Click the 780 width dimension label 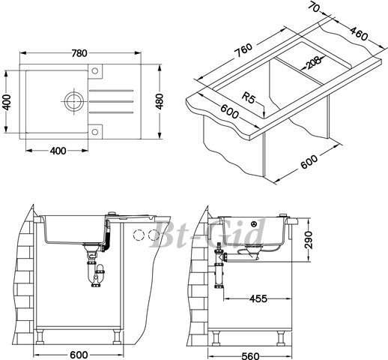(79, 53)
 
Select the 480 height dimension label (160, 101)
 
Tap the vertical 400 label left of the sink (7, 102)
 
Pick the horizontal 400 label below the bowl (58, 151)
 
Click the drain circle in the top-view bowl (73, 101)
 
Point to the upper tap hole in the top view (95, 71)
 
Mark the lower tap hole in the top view (95, 132)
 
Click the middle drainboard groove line (111, 101)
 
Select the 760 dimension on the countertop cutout (243, 50)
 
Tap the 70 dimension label (313, 7)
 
